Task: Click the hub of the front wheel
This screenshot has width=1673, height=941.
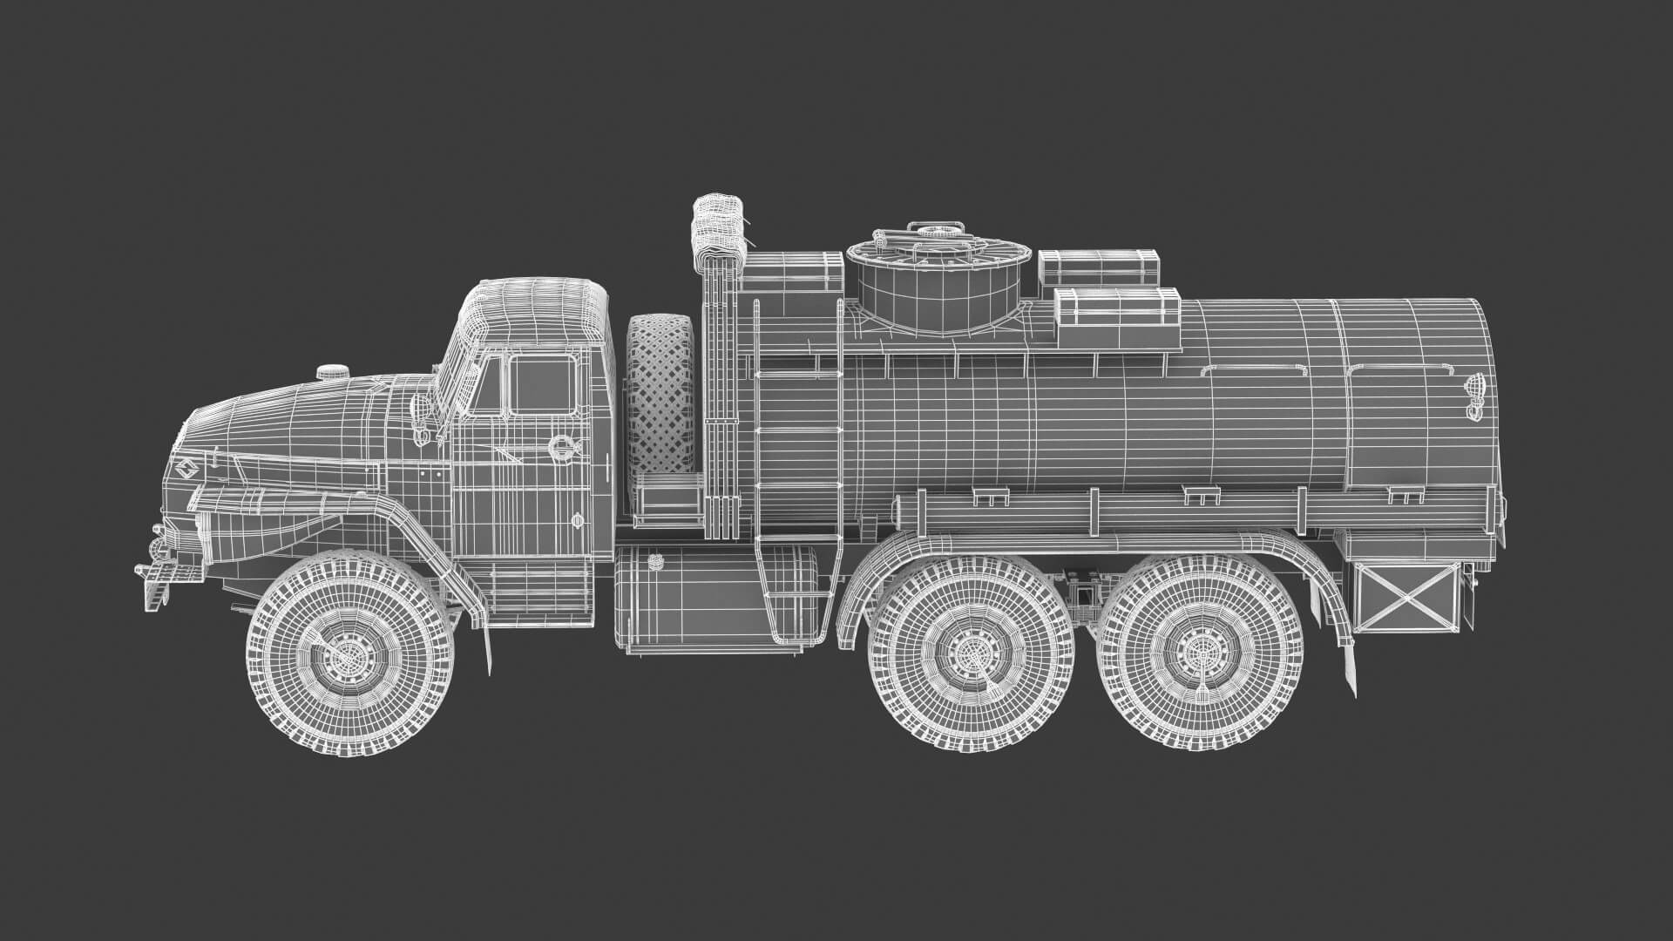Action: (351, 653)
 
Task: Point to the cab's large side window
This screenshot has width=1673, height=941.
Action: (542, 384)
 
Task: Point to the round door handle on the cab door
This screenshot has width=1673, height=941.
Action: (558, 447)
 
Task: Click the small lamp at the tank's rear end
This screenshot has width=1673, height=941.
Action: (1473, 390)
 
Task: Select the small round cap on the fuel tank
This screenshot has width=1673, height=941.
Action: (578, 520)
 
